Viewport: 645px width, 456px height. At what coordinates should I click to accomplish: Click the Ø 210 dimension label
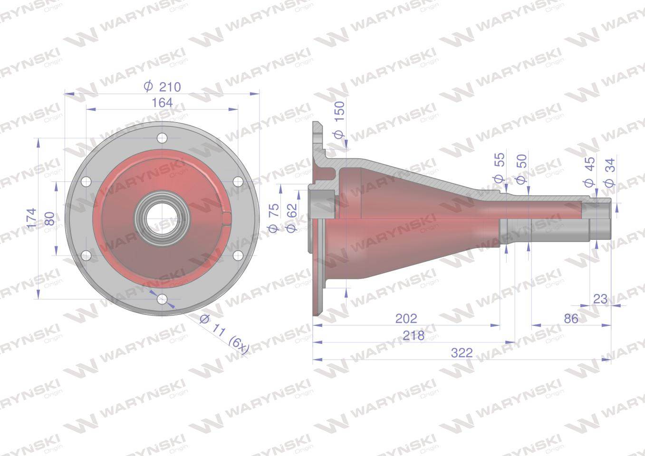click(x=163, y=86)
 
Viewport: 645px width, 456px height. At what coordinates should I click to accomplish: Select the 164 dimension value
click(x=163, y=103)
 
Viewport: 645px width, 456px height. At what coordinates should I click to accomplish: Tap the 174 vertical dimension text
click(x=31, y=218)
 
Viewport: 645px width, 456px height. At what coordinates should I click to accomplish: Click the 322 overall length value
click(x=462, y=353)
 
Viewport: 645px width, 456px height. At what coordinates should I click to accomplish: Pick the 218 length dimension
click(x=414, y=335)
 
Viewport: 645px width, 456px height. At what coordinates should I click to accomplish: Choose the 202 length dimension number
click(x=406, y=318)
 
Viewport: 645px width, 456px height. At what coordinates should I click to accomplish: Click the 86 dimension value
click(x=571, y=318)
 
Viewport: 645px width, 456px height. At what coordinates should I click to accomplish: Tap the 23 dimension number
click(x=600, y=299)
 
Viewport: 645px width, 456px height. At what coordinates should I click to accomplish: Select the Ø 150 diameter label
click(x=338, y=120)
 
